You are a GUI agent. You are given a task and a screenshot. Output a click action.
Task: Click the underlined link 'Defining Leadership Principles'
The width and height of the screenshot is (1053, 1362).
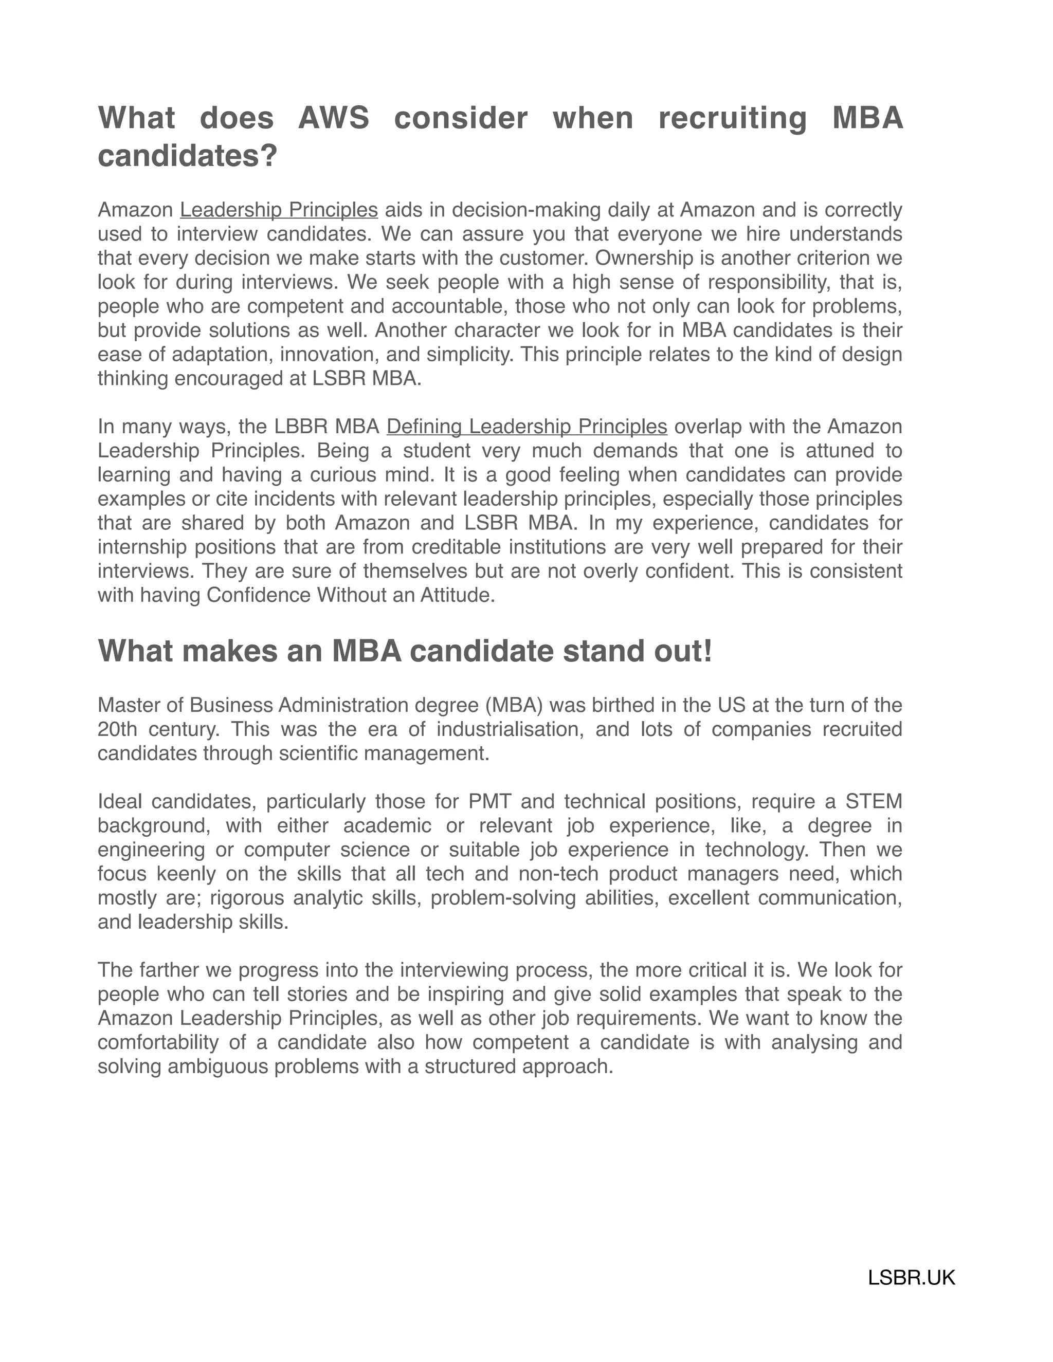(x=526, y=427)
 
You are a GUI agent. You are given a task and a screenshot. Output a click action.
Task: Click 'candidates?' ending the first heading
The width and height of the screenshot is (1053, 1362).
(x=187, y=156)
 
